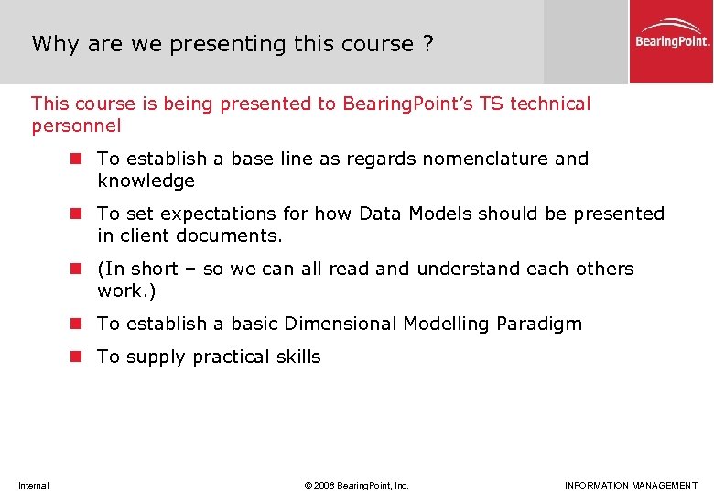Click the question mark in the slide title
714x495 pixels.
pyautogui.click(x=428, y=44)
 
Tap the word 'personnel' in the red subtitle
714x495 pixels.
pyautogui.click(x=76, y=126)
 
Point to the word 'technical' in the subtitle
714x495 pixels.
pyautogui.click(x=550, y=104)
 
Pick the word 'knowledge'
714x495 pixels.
pyautogui.click(x=146, y=181)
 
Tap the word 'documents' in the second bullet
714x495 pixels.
pyautogui.click(x=234, y=236)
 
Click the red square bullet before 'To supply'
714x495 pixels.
pyautogui.click(x=79, y=357)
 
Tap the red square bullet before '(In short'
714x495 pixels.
pyautogui.click(x=79, y=269)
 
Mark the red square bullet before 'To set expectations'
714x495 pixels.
pyautogui.click(x=79, y=214)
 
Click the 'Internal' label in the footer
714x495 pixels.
pyautogui.click(x=34, y=485)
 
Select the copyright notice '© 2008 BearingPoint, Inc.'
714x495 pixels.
pyautogui.click(x=356, y=485)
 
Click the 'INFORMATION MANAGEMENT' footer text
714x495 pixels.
pyautogui.click(x=631, y=485)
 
